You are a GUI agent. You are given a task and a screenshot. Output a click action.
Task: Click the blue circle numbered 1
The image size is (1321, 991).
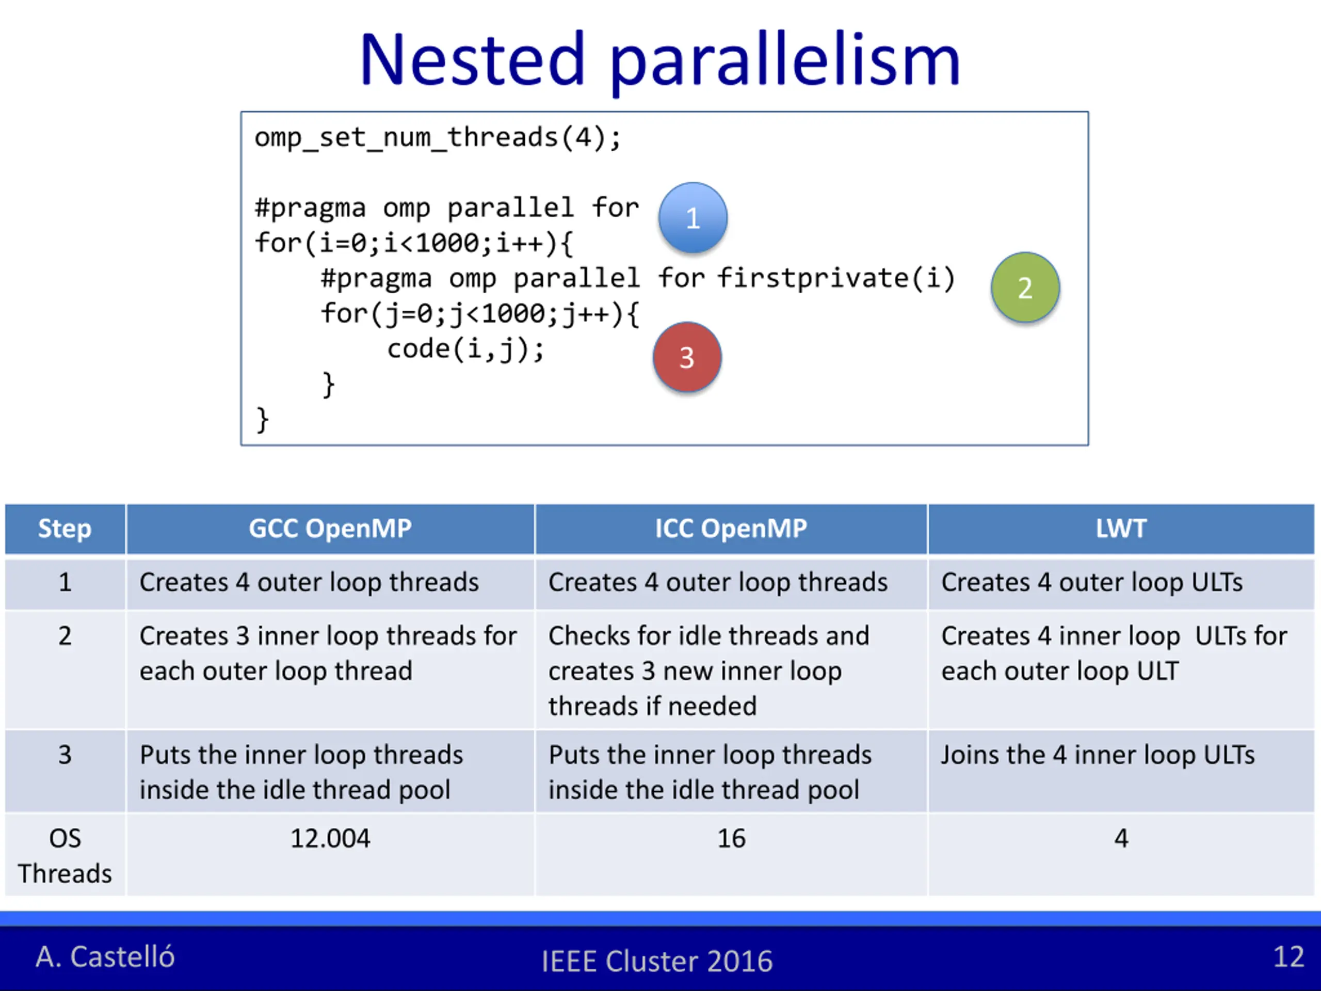692,217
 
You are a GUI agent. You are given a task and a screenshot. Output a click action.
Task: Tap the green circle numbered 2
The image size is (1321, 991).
1025,287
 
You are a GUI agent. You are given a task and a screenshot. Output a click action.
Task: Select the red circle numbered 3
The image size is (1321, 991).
687,357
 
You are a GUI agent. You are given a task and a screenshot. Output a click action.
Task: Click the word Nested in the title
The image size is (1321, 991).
472,60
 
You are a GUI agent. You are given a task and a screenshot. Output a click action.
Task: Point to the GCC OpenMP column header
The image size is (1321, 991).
330,529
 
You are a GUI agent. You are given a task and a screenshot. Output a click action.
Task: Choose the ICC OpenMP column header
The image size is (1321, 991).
731,529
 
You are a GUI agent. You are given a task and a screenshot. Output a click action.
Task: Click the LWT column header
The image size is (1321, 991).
1121,529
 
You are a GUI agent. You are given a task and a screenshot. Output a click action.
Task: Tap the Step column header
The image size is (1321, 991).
65,529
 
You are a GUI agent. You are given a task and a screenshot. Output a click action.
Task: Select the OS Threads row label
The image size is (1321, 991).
65,855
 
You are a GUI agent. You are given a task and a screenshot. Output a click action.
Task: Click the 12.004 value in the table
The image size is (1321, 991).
330,838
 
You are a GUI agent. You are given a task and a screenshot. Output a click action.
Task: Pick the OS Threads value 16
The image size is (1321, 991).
731,838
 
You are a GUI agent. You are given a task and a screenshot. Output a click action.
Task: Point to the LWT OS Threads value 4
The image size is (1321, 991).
1121,838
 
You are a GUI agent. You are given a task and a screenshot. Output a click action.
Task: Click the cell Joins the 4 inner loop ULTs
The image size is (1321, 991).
1098,755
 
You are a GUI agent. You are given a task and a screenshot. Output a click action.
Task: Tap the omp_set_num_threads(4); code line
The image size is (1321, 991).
438,138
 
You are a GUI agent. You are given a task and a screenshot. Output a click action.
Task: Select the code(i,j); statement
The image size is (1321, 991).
466,349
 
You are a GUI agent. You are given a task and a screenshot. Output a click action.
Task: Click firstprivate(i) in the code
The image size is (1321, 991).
835,278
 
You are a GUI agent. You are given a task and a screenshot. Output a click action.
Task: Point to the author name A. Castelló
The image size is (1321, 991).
105,956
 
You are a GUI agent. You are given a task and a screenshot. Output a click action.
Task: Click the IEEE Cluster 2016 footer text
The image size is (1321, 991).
657,961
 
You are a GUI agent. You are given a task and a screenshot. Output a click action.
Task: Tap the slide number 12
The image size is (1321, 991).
1288,956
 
